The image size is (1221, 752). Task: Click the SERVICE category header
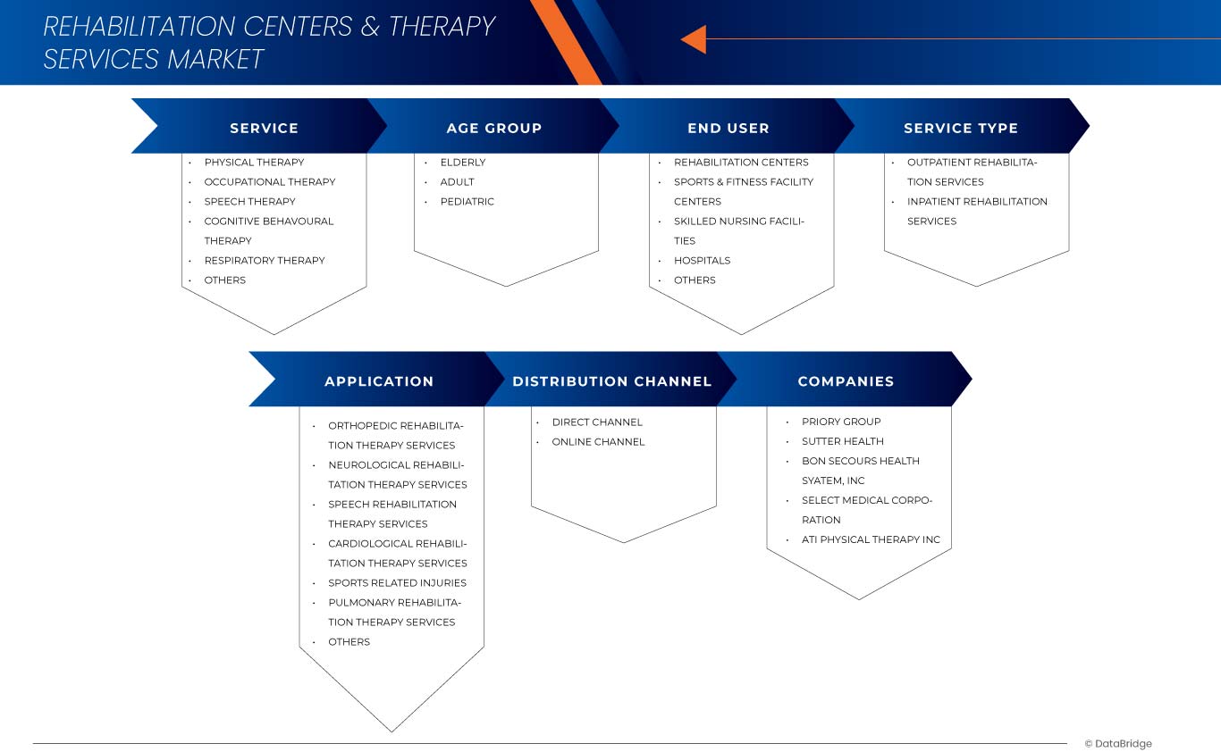coord(264,128)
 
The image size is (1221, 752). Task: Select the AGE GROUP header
coord(493,128)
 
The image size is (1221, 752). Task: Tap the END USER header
coord(728,128)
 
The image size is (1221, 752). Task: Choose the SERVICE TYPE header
coord(960,128)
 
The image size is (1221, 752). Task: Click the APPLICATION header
coord(379,381)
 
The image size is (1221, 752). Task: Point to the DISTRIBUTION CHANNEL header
coord(611,381)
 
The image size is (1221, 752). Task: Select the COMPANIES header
coord(846,381)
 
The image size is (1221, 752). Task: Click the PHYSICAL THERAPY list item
coord(254,163)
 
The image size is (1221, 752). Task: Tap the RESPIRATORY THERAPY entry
coord(265,261)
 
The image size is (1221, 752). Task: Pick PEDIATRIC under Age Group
coord(467,202)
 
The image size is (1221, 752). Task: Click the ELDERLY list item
coord(463,163)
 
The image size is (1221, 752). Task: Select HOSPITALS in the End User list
coord(702,261)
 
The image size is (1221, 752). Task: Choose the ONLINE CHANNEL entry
coord(598,442)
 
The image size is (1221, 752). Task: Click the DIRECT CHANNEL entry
coord(597,422)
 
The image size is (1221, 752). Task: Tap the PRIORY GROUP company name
coord(841,422)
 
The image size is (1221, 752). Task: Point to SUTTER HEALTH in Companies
coord(842,441)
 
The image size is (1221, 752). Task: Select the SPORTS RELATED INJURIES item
coord(397,583)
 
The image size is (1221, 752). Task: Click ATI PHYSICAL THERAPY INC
coord(871,539)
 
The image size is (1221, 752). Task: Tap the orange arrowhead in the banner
coord(694,39)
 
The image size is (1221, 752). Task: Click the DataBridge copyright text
coord(1118,744)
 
